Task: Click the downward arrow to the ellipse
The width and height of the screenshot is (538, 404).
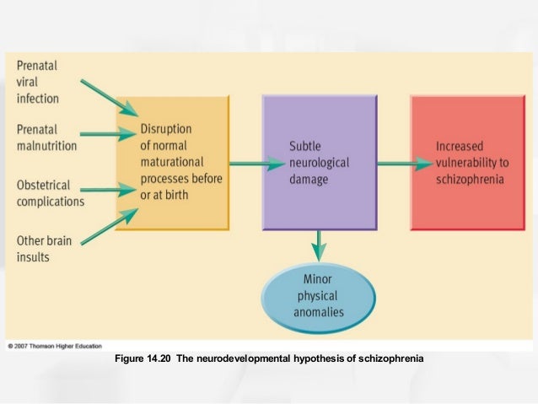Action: coord(318,246)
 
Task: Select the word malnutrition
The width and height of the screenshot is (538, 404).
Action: coord(47,145)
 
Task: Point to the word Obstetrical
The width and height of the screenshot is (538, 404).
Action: coord(44,185)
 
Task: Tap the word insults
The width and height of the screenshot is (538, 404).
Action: coord(33,256)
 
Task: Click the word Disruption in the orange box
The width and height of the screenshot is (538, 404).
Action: coord(167,129)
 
